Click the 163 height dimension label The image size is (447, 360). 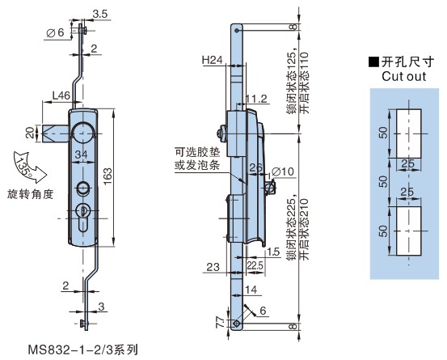pos(108,176)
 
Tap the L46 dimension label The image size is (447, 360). pos(61,95)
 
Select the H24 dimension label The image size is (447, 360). pos(212,60)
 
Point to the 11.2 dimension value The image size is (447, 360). pos(256,99)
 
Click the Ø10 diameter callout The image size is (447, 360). pos(283,172)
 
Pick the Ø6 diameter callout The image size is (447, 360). pos(55,33)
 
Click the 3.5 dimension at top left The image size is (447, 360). pos(99,14)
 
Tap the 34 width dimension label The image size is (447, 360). pos(82,155)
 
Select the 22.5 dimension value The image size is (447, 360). pos(255,265)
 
